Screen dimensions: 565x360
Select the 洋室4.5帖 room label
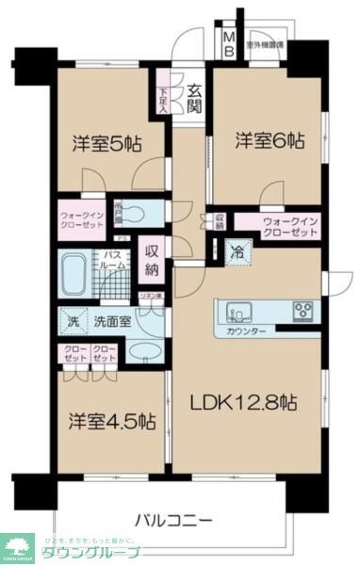point(111,421)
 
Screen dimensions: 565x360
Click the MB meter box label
point(229,44)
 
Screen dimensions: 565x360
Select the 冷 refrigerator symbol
point(238,251)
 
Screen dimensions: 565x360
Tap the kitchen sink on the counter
point(236,310)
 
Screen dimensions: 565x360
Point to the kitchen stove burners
point(303,310)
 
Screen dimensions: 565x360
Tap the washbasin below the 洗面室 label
point(144,352)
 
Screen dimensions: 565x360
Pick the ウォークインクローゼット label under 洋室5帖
point(80,218)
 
